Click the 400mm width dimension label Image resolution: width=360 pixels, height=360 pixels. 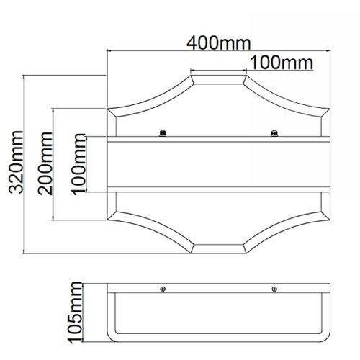219,43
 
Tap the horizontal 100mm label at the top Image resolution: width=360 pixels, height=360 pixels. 282,63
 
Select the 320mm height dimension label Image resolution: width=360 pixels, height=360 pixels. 16,162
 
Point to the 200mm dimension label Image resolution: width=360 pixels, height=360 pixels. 45,163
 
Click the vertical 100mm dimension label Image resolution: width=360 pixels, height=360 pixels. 78,164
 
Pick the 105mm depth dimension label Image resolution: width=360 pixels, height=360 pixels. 75,312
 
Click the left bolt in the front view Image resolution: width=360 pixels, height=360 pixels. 163,133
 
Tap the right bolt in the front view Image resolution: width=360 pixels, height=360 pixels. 274,133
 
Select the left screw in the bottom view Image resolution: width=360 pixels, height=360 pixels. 163,289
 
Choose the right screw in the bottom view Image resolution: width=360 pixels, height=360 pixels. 274,289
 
